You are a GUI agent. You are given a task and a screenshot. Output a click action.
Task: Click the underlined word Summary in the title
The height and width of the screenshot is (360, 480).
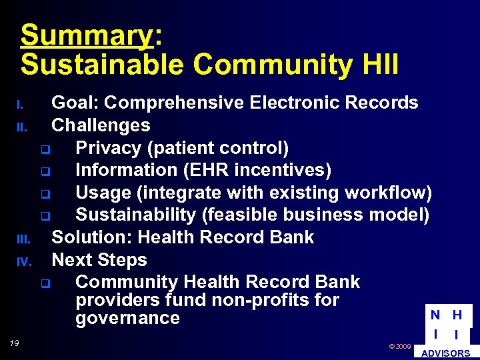pos(87,35)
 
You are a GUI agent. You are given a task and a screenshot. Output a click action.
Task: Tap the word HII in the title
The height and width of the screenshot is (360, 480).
pos(376,65)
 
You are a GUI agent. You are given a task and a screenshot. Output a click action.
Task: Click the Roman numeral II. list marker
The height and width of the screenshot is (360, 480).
pos(21,127)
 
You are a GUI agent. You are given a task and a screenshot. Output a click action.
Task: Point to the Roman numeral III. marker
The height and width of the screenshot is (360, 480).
pos(22,239)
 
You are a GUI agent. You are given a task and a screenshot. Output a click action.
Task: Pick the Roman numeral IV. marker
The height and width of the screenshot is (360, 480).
pos(23,261)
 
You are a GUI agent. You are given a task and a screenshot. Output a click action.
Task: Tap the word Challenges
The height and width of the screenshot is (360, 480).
pos(101,125)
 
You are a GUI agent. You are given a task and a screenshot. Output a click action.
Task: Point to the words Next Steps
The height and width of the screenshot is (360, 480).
pos(99,260)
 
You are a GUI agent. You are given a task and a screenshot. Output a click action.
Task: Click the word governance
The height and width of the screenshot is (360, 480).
pos(127,318)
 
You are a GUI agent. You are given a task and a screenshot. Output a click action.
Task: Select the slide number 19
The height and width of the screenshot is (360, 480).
pos(14,343)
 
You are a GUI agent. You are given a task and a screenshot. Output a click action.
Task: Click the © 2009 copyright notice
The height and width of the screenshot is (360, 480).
pos(399,347)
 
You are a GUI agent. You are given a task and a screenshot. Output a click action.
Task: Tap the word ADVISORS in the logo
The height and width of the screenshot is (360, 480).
pos(446,353)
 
